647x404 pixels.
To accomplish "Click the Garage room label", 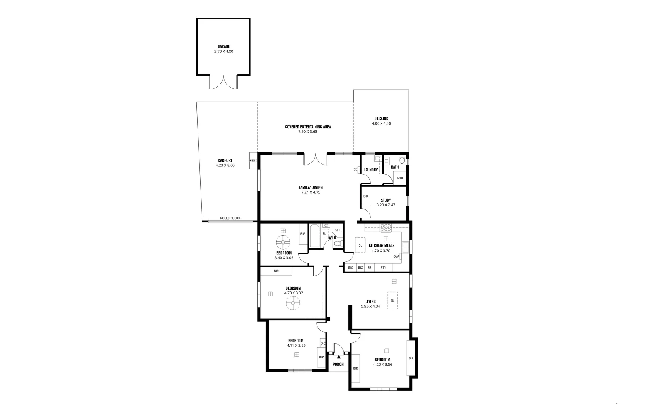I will pyautogui.click(x=223, y=47).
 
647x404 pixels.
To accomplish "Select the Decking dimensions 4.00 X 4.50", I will pyautogui.click(x=381, y=123).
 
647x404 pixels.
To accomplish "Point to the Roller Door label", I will pyautogui.click(x=231, y=218).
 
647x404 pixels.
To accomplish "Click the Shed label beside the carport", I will pyautogui.click(x=253, y=160).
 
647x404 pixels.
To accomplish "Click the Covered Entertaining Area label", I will pyautogui.click(x=308, y=127).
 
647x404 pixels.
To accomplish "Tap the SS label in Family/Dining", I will pyautogui.click(x=355, y=169).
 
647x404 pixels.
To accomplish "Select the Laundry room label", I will pyautogui.click(x=370, y=170).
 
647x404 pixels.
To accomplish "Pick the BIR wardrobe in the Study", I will pyautogui.click(x=366, y=196).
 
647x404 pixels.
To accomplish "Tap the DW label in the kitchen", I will pyautogui.click(x=396, y=257).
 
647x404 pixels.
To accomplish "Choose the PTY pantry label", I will pyautogui.click(x=383, y=268).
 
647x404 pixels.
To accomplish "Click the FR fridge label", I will pyautogui.click(x=369, y=268).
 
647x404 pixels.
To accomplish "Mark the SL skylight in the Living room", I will pyautogui.click(x=393, y=300).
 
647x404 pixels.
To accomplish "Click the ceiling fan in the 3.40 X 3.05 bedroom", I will pyautogui.click(x=283, y=242).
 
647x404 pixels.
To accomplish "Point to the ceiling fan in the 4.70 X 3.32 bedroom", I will pyautogui.click(x=293, y=303).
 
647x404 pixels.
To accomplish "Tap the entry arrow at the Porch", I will pyautogui.click(x=338, y=357).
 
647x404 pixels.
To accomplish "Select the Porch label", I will pyautogui.click(x=338, y=364).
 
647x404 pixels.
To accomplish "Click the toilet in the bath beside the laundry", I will pyautogui.click(x=402, y=160).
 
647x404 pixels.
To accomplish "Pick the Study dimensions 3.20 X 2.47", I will pyautogui.click(x=385, y=205).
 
